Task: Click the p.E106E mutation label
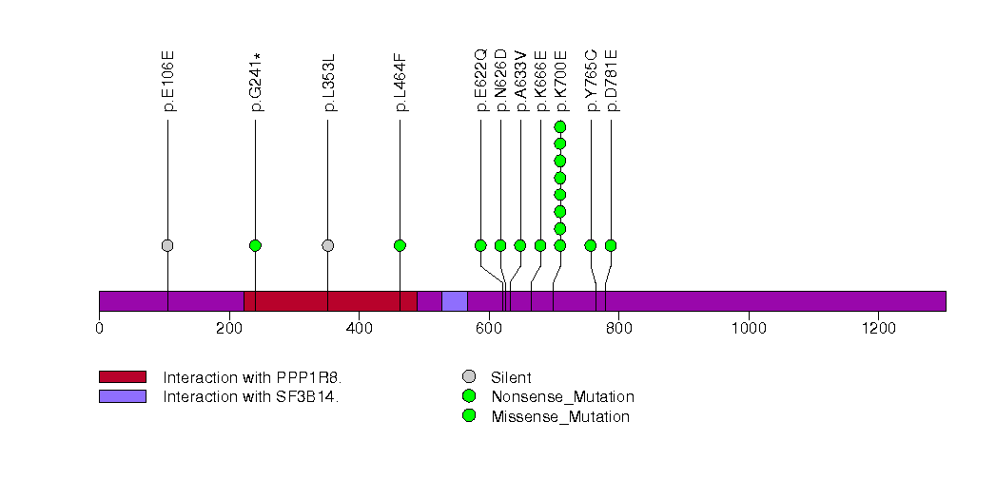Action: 168,81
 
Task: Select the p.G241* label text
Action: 256,82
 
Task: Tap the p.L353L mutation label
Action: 329,81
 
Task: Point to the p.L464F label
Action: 400,81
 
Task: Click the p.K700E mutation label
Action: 560,81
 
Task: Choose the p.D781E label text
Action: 612,81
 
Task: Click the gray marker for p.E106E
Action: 167,245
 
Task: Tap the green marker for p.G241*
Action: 255,245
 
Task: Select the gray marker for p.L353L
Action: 328,245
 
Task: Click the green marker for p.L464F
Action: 400,245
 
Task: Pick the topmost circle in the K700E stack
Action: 560,126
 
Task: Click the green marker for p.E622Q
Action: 480,245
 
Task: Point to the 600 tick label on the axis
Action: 488,329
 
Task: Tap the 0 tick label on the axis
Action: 99,329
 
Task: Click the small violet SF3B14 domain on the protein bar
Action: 454,301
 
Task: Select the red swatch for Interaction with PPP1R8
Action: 122,377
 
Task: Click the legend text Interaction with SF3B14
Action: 251,396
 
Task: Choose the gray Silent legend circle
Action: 469,377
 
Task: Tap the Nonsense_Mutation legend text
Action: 562,396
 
